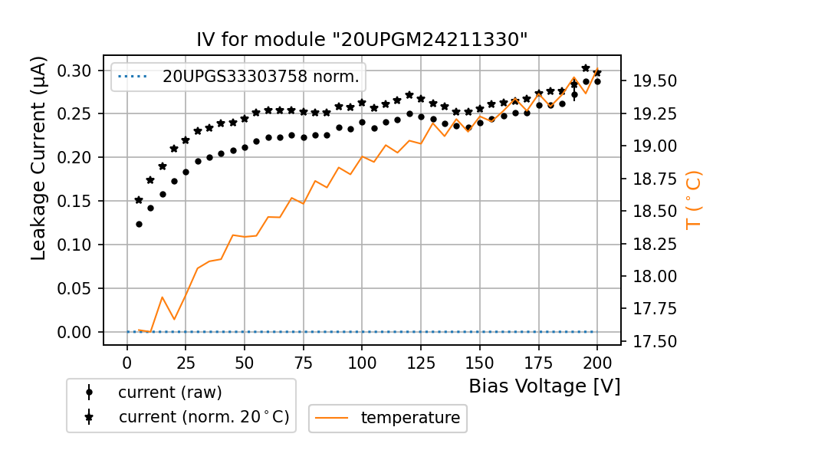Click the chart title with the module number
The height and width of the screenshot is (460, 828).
pyautogui.click(x=362, y=40)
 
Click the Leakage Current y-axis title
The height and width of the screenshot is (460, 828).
pyautogui.click(x=39, y=158)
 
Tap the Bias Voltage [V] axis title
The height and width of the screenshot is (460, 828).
pyautogui.click(x=544, y=386)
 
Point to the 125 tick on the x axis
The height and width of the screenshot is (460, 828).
pyautogui.click(x=420, y=362)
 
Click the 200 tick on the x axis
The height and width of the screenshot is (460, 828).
pyautogui.click(x=596, y=362)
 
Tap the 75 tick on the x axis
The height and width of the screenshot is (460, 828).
pyautogui.click(x=303, y=362)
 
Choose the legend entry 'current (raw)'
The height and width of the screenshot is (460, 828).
pyautogui.click(x=169, y=393)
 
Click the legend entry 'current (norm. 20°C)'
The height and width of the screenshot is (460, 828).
pyautogui.click(x=203, y=418)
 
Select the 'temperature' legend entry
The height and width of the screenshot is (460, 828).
pyautogui.click(x=410, y=418)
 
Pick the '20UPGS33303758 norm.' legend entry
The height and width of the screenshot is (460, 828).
pyautogui.click(x=261, y=77)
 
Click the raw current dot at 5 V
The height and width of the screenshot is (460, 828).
pyautogui.click(x=139, y=224)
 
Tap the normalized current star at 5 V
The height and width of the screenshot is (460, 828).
pyautogui.click(x=139, y=200)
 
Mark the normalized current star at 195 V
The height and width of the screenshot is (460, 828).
pyautogui.click(x=586, y=68)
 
